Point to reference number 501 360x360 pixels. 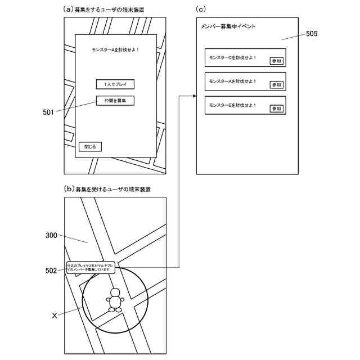pyautogui.click(x=48, y=112)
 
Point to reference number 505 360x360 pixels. pyautogui.click(x=312, y=34)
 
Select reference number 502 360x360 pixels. pyautogui.click(x=51, y=271)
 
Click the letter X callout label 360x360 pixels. pyautogui.click(x=54, y=316)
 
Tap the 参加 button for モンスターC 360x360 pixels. pyautogui.click(x=276, y=61)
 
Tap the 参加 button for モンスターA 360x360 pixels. pyautogui.click(x=276, y=84)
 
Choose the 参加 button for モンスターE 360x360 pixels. pyautogui.click(x=276, y=109)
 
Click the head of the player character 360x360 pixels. pyautogui.click(x=115, y=293)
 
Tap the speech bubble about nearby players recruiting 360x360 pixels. pyautogui.click(x=90, y=267)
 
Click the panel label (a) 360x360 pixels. pyautogui.click(x=69, y=10)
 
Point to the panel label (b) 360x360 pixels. pyautogui.click(x=69, y=190)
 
